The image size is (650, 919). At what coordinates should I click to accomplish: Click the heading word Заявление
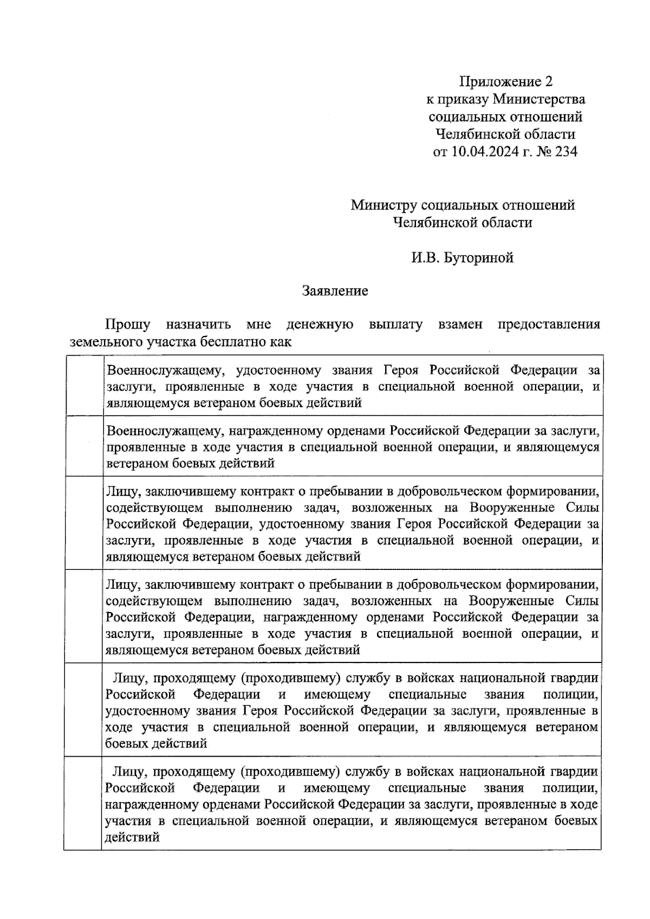pos(335,291)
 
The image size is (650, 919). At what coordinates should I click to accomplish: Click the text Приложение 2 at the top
pos(505,82)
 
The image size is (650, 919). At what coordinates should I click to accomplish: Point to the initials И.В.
pos(426,258)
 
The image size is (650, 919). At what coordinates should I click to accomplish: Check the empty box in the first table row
pos(84,385)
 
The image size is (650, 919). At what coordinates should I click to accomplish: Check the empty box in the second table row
pos(84,446)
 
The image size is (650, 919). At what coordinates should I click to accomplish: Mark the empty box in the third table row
pos(84,523)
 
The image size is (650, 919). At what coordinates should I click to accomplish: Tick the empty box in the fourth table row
pos(84,616)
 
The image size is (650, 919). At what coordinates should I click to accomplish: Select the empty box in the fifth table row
pos(84,710)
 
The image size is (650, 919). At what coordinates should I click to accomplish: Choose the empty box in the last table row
pos(84,803)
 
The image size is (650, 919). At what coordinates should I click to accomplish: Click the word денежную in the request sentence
pos(320,325)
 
